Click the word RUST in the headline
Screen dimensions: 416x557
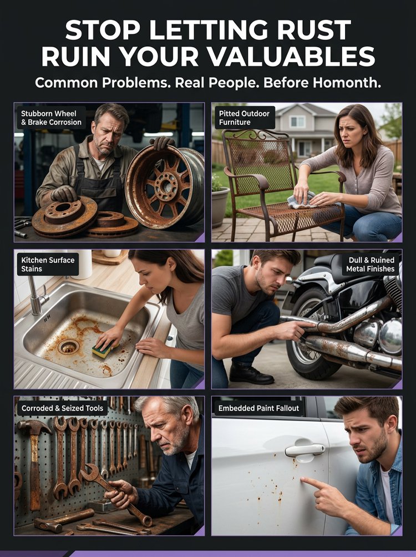pos(314,30)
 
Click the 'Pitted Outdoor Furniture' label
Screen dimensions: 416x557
pos(244,118)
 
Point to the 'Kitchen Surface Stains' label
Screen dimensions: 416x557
pos(48,264)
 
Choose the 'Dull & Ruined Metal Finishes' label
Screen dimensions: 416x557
pos(370,264)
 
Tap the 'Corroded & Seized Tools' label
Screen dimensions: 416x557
pos(62,408)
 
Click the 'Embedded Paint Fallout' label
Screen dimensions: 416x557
pos(258,408)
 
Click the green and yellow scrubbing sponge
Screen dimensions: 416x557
pos(104,350)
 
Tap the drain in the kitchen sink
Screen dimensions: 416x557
pos(69,346)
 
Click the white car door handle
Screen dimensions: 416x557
pos(305,450)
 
